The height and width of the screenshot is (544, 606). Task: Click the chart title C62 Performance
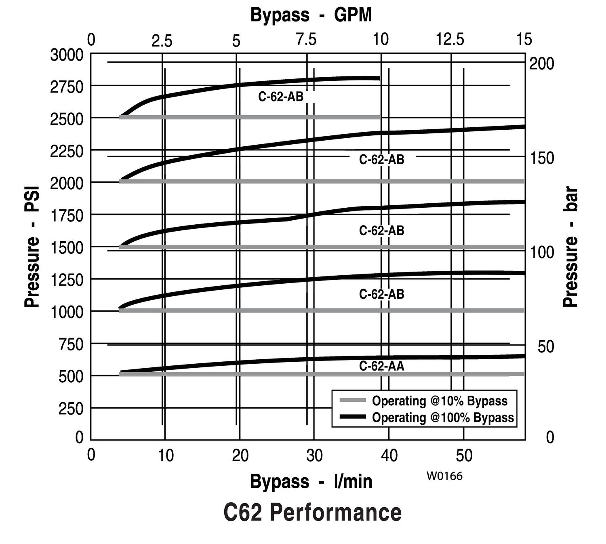(x=312, y=512)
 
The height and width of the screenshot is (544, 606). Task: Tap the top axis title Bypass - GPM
(x=311, y=15)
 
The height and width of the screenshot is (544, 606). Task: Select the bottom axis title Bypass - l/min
(x=311, y=481)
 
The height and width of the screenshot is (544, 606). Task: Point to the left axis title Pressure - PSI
(x=32, y=247)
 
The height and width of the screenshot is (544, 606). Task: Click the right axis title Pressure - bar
(x=571, y=247)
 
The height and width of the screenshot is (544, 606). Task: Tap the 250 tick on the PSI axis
(x=71, y=409)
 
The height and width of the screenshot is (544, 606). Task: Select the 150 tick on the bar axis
(x=541, y=158)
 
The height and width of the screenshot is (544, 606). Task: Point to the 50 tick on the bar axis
(x=545, y=346)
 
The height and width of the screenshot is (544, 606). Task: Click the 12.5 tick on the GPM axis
(x=450, y=40)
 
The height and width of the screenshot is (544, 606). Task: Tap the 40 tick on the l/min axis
(x=389, y=455)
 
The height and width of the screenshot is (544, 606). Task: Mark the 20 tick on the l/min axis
(x=240, y=455)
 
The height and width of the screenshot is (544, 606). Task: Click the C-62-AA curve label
(x=381, y=366)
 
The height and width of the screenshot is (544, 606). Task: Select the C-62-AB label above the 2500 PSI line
(x=281, y=97)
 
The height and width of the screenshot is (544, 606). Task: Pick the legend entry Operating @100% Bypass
(x=443, y=417)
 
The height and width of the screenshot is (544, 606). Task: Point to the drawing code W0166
(x=444, y=476)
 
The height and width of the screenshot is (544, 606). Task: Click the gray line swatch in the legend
(x=353, y=400)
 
